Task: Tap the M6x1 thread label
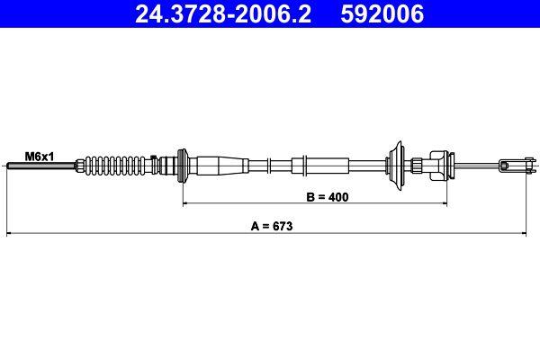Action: [x=40, y=156]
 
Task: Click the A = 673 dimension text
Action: [x=270, y=227]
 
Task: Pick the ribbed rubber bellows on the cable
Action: [x=122, y=165]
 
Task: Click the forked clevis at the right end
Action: [x=514, y=164]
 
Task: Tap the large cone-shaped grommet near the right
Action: [x=397, y=164]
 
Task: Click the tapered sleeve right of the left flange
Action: [x=220, y=165]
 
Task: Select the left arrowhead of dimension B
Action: [x=187, y=203]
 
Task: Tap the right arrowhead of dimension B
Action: [x=445, y=203]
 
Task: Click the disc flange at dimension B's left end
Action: [x=184, y=165]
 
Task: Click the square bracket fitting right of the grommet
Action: [x=438, y=164]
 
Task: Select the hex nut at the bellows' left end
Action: [x=84, y=165]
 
